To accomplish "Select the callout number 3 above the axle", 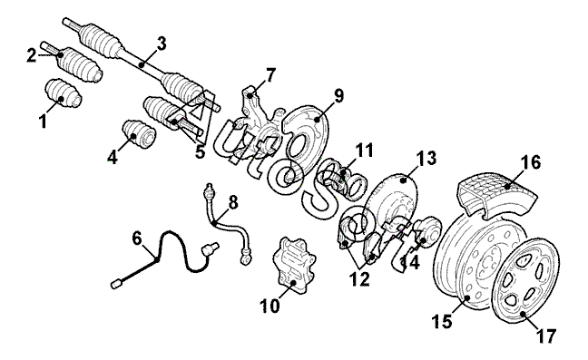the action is [x=162, y=44].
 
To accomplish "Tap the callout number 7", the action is [x=270, y=74].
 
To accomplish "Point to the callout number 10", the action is [x=270, y=306].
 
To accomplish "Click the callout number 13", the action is [x=426, y=158].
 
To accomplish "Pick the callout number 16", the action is [x=531, y=162].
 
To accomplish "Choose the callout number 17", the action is [x=546, y=336].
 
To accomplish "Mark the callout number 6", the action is [x=137, y=238].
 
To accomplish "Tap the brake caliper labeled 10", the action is [x=294, y=265].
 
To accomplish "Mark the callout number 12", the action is [x=359, y=279].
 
